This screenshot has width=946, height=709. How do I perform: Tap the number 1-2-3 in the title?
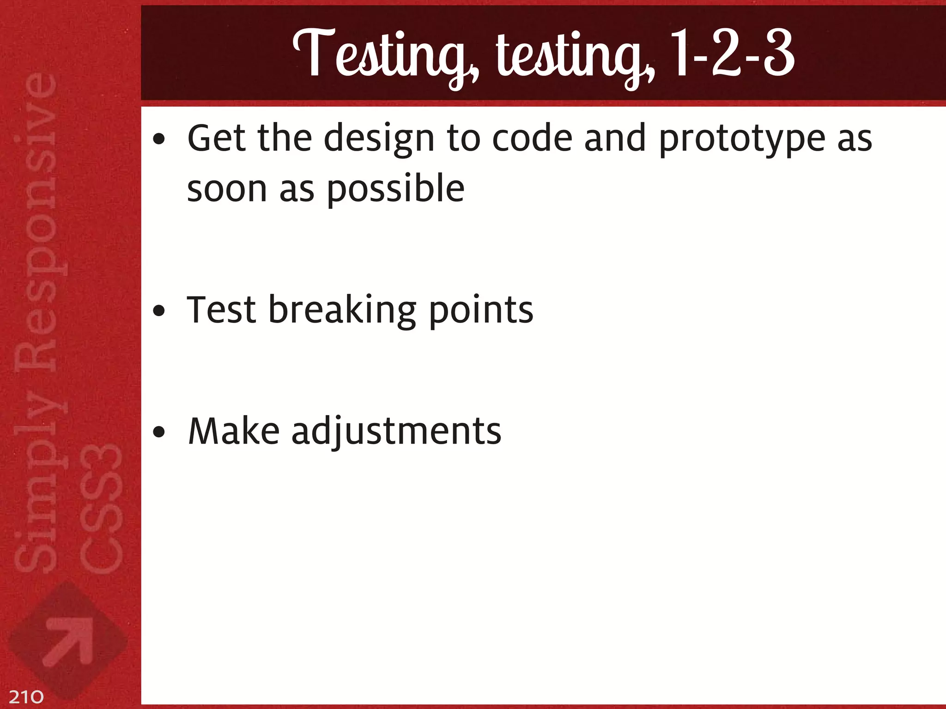[x=732, y=53]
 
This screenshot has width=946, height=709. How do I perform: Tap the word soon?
[x=227, y=189]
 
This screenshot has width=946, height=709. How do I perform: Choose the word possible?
[x=395, y=189]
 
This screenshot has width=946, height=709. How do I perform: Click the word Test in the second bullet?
[x=221, y=309]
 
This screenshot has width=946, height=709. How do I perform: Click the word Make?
[x=234, y=431]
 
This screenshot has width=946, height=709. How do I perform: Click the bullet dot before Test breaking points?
[x=159, y=312]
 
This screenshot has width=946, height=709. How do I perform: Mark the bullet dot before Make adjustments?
[x=159, y=433]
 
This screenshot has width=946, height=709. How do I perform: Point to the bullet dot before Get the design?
[x=159, y=139]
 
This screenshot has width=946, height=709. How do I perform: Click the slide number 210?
[x=26, y=697]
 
